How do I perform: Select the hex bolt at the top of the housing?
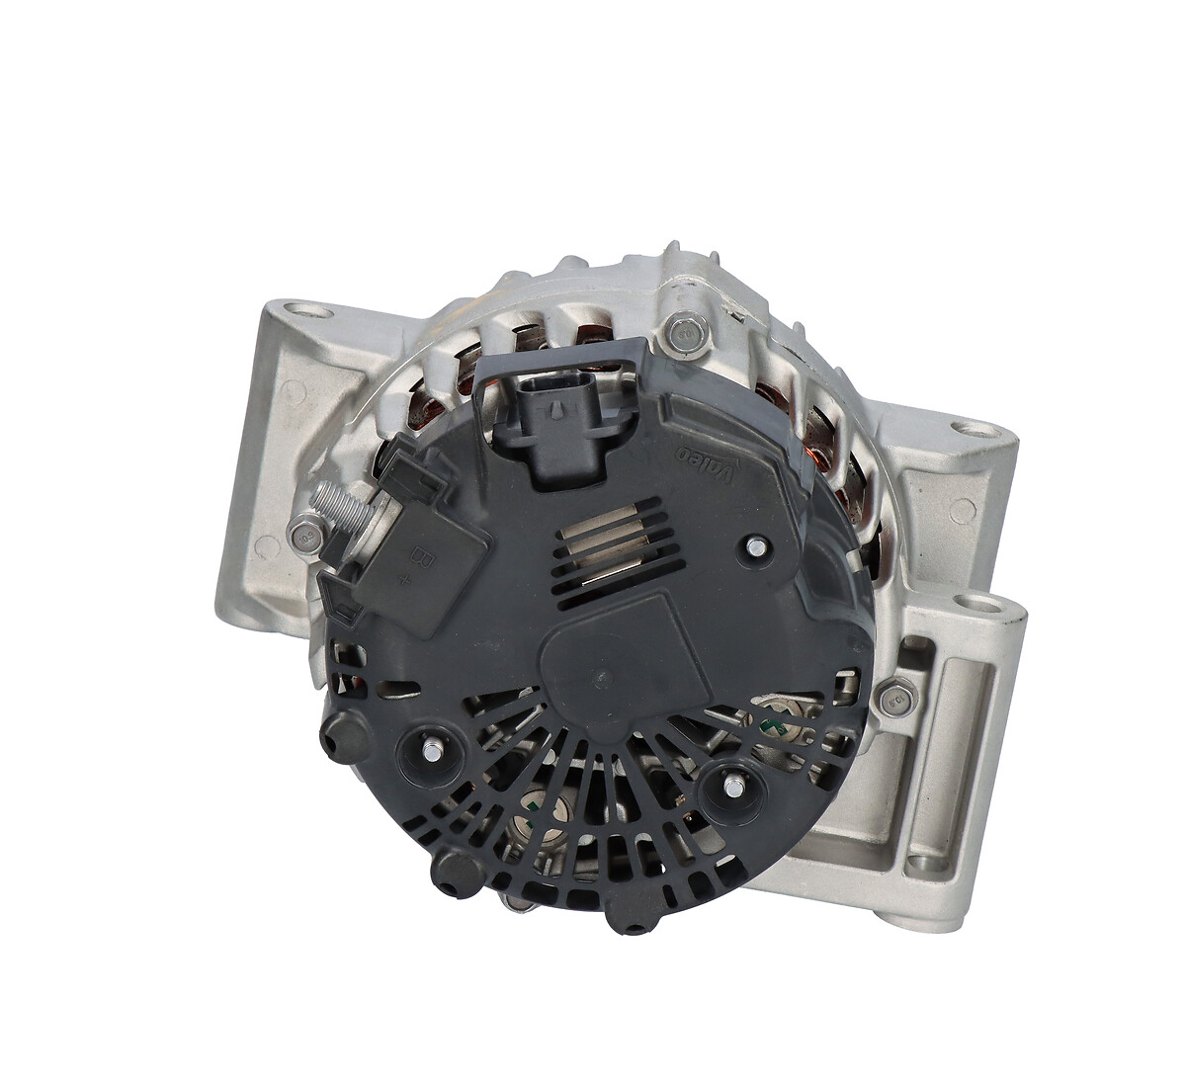pos(681,335)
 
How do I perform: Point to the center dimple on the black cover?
pos(599,679)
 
